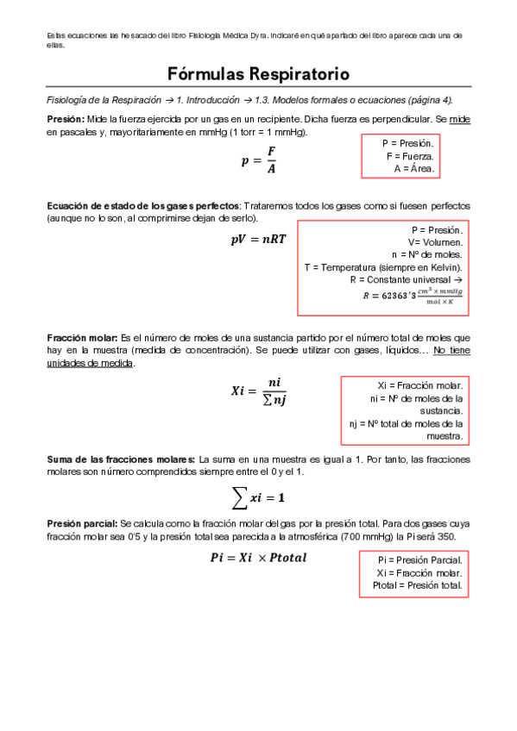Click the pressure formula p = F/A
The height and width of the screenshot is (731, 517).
tap(259, 160)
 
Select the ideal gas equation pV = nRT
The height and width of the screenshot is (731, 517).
tap(258, 241)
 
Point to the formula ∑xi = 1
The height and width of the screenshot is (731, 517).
tap(259, 497)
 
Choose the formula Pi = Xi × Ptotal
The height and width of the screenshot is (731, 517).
tap(258, 559)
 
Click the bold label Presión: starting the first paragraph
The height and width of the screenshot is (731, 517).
tap(66, 118)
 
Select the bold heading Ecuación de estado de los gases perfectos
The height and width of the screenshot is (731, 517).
tap(143, 207)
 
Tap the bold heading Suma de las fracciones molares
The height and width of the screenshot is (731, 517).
tap(121, 459)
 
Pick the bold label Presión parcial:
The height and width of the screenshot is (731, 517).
tap(82, 523)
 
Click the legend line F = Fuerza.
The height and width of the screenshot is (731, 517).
tap(411, 156)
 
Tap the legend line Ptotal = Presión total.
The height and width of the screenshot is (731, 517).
tap(418, 586)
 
